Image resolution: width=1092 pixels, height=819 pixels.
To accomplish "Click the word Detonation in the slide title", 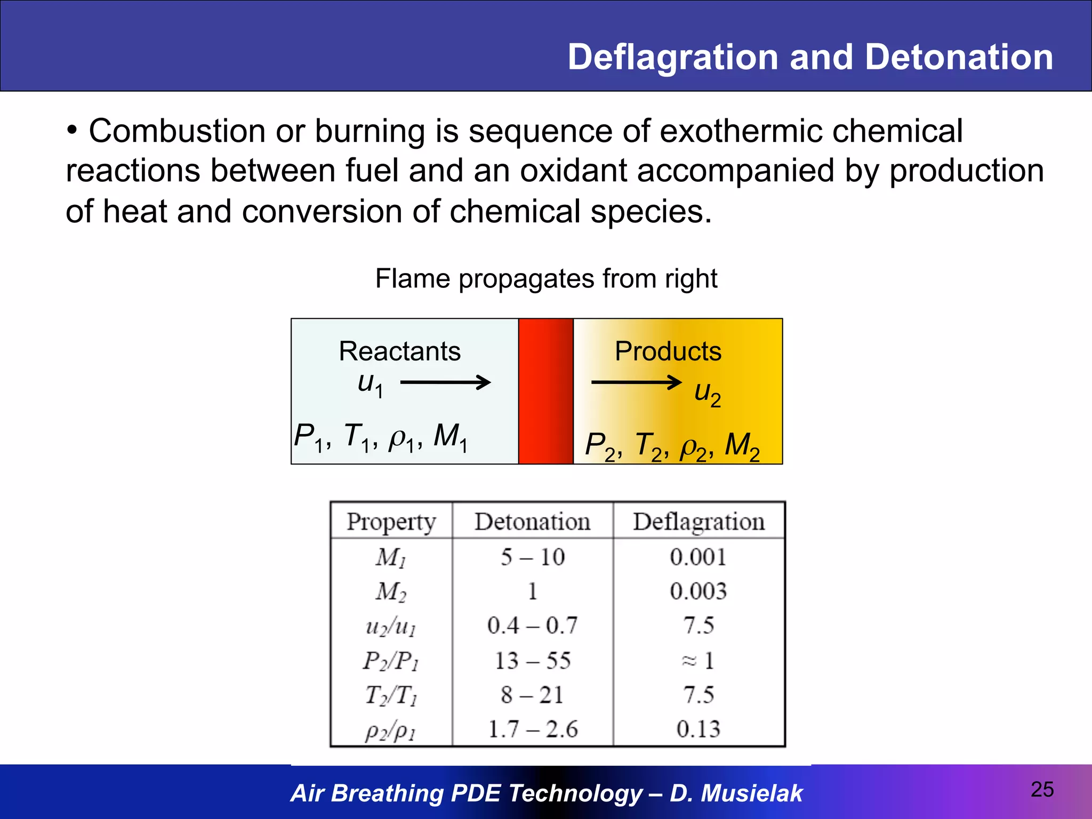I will tap(959, 57).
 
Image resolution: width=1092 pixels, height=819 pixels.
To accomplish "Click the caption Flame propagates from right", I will tap(546, 278).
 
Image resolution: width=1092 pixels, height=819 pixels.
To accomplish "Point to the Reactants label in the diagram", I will tap(400, 351).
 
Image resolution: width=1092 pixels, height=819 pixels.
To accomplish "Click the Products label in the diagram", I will tap(668, 351).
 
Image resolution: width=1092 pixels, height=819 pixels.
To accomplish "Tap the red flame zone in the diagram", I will tap(545, 391).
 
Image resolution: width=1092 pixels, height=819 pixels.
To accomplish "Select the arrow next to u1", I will tap(445, 382).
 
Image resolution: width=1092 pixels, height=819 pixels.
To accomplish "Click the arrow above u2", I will tap(636, 382).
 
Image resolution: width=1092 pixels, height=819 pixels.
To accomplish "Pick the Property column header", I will tap(391, 521).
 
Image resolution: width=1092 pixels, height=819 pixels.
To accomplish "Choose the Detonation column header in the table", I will tap(533, 521).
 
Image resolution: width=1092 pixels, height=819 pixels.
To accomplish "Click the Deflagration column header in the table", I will tap(698, 521).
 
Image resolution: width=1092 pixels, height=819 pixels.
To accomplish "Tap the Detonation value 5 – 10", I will tap(533, 557).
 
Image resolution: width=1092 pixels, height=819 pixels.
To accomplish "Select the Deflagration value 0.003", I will tap(698, 591).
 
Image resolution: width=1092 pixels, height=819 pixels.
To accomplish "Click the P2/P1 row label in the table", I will tap(391, 661).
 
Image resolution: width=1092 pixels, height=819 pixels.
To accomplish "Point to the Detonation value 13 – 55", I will tap(533, 661).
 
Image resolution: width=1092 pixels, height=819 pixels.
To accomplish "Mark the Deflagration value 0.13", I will tap(698, 729).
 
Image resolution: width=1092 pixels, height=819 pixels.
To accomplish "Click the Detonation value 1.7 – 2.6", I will tap(533, 729).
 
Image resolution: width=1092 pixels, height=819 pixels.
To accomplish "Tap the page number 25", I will tap(1042, 789).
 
